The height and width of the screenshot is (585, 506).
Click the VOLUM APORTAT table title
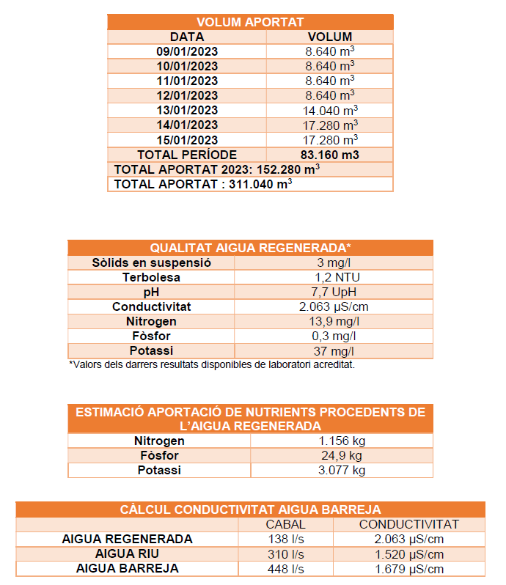click(x=250, y=22)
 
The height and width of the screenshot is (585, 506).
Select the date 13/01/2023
click(x=187, y=111)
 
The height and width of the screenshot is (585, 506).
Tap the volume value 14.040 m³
click(x=330, y=111)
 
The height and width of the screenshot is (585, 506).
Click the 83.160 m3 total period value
click(x=330, y=155)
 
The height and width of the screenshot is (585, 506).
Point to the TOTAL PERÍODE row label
click(x=187, y=155)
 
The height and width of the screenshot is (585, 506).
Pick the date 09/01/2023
click(x=187, y=51)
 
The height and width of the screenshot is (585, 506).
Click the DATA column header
click(x=187, y=37)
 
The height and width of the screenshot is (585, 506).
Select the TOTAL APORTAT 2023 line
click(x=217, y=169)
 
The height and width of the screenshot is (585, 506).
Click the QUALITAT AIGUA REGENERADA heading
click(x=250, y=248)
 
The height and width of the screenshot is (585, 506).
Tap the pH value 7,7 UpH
click(x=334, y=292)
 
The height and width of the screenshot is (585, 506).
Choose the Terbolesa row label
click(x=152, y=277)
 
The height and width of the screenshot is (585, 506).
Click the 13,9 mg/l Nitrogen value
click(x=334, y=321)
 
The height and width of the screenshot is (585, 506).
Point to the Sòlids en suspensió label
click(x=152, y=262)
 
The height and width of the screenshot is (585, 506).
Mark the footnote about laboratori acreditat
click(x=212, y=364)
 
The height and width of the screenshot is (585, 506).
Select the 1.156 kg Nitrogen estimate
click(x=342, y=441)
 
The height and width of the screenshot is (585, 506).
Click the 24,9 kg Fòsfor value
click(x=342, y=455)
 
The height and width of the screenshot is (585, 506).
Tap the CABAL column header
click(x=285, y=524)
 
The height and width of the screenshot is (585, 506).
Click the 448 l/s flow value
click(x=285, y=568)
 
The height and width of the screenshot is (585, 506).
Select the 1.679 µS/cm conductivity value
click(x=408, y=568)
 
